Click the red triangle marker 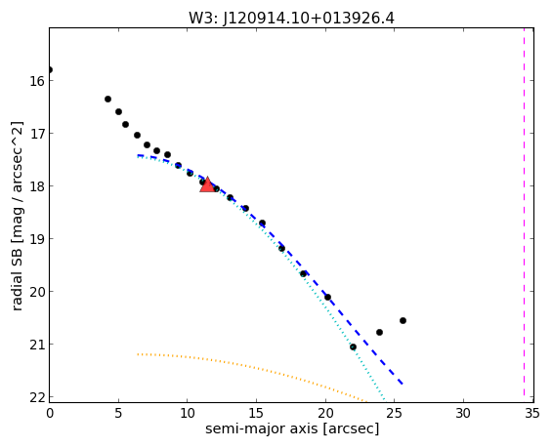(x=207, y=185)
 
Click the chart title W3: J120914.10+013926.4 (x=291, y=18)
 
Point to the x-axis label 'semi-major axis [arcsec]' (x=292, y=428)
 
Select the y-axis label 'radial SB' (x=17, y=280)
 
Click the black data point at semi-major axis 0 (x=49, y=69)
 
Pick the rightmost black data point (x=403, y=320)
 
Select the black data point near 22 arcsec (x=353, y=347)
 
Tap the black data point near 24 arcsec (x=379, y=332)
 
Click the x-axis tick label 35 (x=532, y=413)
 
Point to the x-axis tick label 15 (x=256, y=413)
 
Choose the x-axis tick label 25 (x=395, y=413)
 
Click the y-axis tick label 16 (x=37, y=81)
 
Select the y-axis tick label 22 (x=37, y=397)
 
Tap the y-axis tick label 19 (x=37, y=239)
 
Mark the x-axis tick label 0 (x=50, y=413)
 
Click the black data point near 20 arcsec (x=327, y=297)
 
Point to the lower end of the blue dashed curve (x=403, y=384)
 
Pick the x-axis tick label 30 (x=463, y=413)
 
